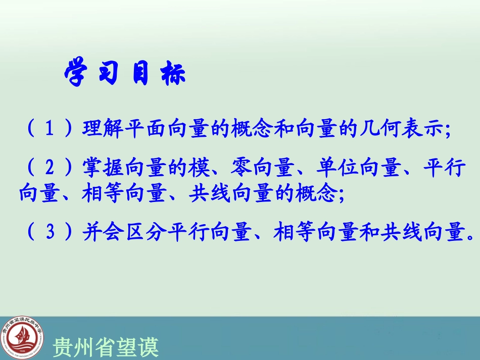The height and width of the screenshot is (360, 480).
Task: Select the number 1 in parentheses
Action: click(49, 129)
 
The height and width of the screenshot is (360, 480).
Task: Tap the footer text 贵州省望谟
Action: click(106, 347)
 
